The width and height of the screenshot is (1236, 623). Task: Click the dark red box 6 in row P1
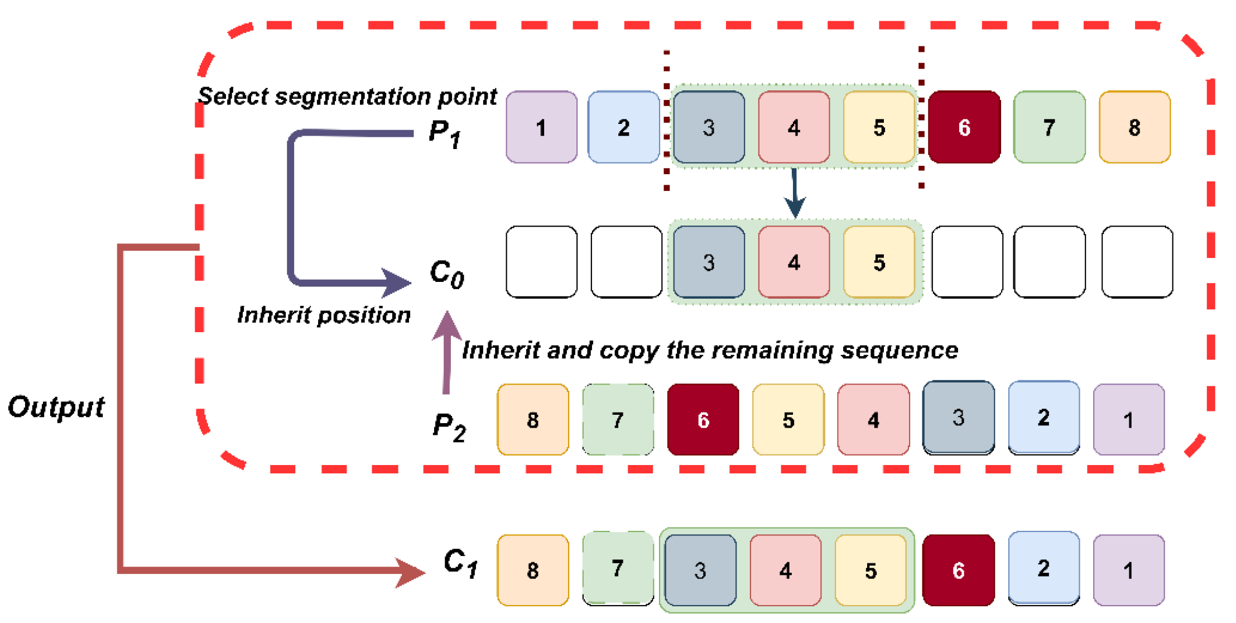pyautogui.click(x=964, y=127)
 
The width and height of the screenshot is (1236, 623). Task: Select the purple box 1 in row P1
pyautogui.click(x=541, y=127)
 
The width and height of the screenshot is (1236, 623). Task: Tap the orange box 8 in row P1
pyautogui.click(x=1134, y=127)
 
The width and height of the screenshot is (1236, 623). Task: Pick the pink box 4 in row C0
pyautogui.click(x=793, y=262)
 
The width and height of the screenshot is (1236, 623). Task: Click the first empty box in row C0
pyautogui.click(x=541, y=262)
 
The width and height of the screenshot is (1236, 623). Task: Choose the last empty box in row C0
pyautogui.click(x=1137, y=262)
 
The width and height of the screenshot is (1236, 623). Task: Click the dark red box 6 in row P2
pyautogui.click(x=703, y=419)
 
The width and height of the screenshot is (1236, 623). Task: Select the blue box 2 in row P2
pyautogui.click(x=1043, y=418)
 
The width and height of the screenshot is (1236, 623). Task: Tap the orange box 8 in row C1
pyautogui.click(x=533, y=570)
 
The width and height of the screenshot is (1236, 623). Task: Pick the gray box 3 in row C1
pyautogui.click(x=700, y=570)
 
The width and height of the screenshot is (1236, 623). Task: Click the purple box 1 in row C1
pyautogui.click(x=1128, y=570)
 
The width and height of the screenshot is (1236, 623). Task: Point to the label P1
pyautogui.click(x=445, y=134)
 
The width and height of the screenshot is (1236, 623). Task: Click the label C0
pyautogui.click(x=446, y=274)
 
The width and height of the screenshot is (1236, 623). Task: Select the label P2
pyautogui.click(x=449, y=427)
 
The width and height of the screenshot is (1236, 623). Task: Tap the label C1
pyautogui.click(x=460, y=563)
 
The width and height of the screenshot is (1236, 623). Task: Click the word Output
pyautogui.click(x=56, y=407)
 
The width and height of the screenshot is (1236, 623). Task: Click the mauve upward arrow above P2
pyautogui.click(x=446, y=352)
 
